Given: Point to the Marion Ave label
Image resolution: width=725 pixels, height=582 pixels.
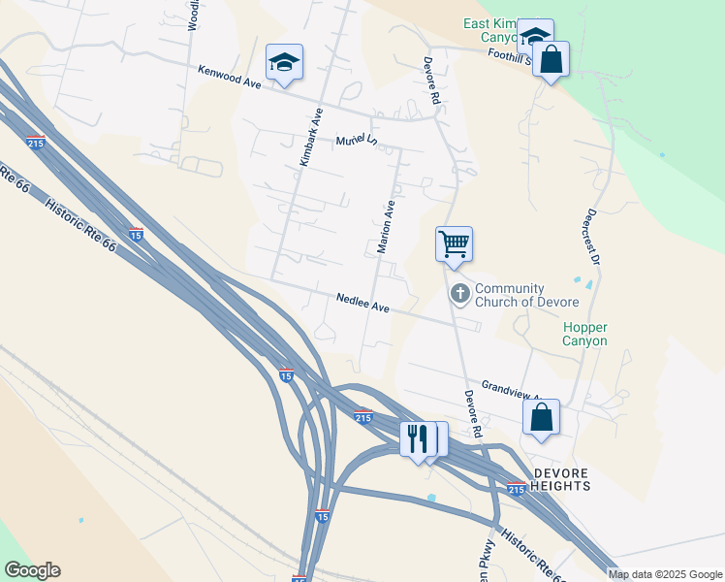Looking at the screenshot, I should coord(386,228).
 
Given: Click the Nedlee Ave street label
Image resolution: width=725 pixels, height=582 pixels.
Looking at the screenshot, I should coord(362,303).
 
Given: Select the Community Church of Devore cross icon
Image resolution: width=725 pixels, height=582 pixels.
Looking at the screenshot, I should coord(459,292).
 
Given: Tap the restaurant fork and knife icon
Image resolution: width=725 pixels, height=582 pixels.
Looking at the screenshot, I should coord(418,437).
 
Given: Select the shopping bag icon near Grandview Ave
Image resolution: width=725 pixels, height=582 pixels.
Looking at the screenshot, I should coord(542,417).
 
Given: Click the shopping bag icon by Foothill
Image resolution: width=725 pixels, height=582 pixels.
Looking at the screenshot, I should coord(551,59).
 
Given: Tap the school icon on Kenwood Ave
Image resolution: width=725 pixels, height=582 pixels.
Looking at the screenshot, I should coord(284,62).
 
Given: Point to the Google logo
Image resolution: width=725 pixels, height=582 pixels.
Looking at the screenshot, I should coord(32,570).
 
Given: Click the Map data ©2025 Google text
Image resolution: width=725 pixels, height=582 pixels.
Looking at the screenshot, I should coord(664,574).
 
